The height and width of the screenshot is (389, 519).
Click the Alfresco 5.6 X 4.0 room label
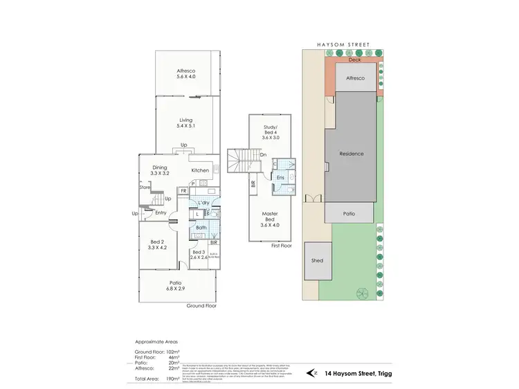[186, 74]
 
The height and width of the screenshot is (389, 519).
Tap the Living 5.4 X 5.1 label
[186, 123]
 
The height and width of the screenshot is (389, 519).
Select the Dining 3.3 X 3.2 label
[160, 170]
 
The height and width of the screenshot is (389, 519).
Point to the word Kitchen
[200, 170]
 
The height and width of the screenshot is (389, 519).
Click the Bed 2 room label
[157, 243]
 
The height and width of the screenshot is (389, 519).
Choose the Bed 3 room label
[199, 255]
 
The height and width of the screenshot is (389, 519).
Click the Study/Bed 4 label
[271, 132]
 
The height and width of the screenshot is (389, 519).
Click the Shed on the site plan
[318, 261]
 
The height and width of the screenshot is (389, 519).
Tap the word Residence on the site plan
[352, 153]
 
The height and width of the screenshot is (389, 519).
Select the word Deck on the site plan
[354, 60]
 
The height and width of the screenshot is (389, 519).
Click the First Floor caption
[282, 246]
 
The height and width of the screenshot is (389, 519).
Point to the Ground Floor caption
[202, 305]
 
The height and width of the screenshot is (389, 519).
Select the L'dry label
[203, 202]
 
